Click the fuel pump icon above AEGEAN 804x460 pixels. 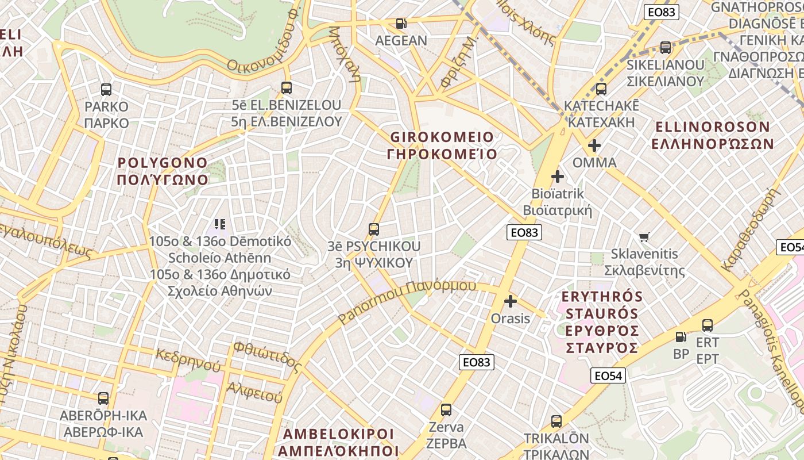(x=401, y=24)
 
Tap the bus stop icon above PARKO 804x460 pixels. (x=106, y=89)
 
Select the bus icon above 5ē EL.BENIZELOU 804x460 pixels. (x=287, y=87)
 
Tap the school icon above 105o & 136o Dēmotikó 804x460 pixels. (x=220, y=224)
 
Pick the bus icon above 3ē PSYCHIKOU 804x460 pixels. (x=374, y=229)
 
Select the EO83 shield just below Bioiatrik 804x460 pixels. (x=524, y=232)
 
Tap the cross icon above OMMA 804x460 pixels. (x=594, y=145)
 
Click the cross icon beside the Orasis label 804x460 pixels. (x=510, y=301)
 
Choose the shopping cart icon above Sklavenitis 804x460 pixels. (x=644, y=236)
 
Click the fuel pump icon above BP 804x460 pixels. (x=681, y=337)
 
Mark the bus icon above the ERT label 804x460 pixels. (x=708, y=325)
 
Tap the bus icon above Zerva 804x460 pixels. (x=446, y=410)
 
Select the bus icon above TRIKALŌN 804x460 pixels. (x=556, y=421)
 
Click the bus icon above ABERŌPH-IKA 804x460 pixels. (x=103, y=398)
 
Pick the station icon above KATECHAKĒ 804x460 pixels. (x=601, y=89)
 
